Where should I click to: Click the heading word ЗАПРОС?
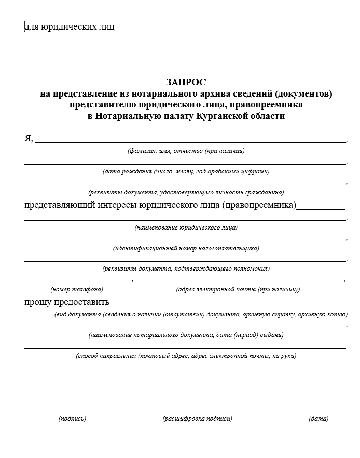coord(186,83)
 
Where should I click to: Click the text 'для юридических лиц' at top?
coord(70,26)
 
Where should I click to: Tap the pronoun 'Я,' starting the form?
coord(29,138)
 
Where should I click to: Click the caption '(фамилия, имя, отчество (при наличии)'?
coord(186,151)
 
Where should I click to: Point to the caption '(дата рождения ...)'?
coord(186,171)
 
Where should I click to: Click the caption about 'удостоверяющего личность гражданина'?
coord(186,191)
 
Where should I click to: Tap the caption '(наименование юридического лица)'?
coord(186,227)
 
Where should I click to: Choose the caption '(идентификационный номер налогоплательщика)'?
coord(186,248)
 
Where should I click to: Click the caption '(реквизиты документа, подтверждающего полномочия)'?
coord(186,268)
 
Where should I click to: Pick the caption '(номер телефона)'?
coord(76,289)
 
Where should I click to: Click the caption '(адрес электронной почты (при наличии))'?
coord(238,289)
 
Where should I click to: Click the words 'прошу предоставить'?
coord(67,302)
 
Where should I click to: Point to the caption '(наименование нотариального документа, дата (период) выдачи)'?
coord(186,335)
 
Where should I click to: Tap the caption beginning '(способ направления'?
coord(186,356)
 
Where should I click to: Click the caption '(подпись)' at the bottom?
coord(72,419)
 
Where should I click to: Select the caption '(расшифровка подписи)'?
coord(197,419)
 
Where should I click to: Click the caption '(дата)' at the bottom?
coord(318,419)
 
